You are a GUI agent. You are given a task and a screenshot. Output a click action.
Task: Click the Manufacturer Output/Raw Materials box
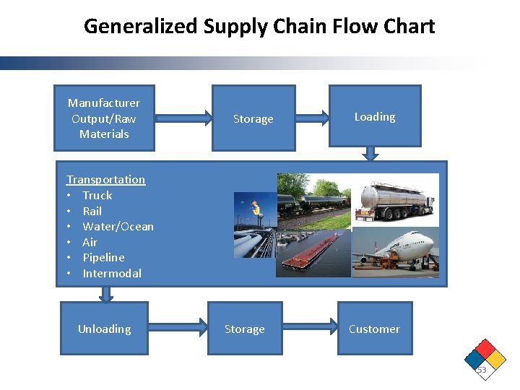[x=105, y=118]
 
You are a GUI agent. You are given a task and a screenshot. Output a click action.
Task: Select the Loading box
[x=374, y=116]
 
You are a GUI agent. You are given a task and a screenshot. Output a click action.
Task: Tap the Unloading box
[x=104, y=329]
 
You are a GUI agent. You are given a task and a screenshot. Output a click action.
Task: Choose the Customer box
[x=374, y=329]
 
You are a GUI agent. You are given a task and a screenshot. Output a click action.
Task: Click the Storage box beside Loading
[x=253, y=118]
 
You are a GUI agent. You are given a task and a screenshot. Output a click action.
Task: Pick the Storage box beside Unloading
[x=244, y=329]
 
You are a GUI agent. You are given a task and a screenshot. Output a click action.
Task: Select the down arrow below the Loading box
[x=370, y=153]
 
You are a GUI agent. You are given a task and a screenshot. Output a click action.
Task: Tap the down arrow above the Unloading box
[x=106, y=294]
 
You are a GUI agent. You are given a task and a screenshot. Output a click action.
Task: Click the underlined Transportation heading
[x=105, y=179]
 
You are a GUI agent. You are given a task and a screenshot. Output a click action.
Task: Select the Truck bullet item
[x=97, y=195]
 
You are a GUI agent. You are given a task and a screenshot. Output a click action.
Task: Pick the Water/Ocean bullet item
[x=118, y=226]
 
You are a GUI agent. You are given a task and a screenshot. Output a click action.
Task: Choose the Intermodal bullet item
[x=112, y=273]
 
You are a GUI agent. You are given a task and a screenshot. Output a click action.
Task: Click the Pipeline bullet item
[x=103, y=257]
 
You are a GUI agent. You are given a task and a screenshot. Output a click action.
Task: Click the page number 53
[x=482, y=370]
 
